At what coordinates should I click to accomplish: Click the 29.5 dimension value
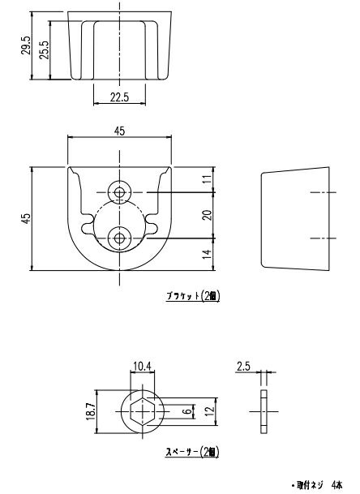click(x=26, y=46)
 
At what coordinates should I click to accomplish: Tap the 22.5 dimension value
click(x=120, y=97)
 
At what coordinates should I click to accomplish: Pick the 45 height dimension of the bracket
click(x=26, y=218)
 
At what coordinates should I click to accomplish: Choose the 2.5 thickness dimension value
click(x=242, y=366)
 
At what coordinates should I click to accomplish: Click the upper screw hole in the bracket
click(x=121, y=192)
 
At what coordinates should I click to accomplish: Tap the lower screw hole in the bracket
click(x=121, y=238)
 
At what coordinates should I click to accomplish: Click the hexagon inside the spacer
click(x=142, y=410)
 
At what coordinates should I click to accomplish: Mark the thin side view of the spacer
click(x=264, y=410)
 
